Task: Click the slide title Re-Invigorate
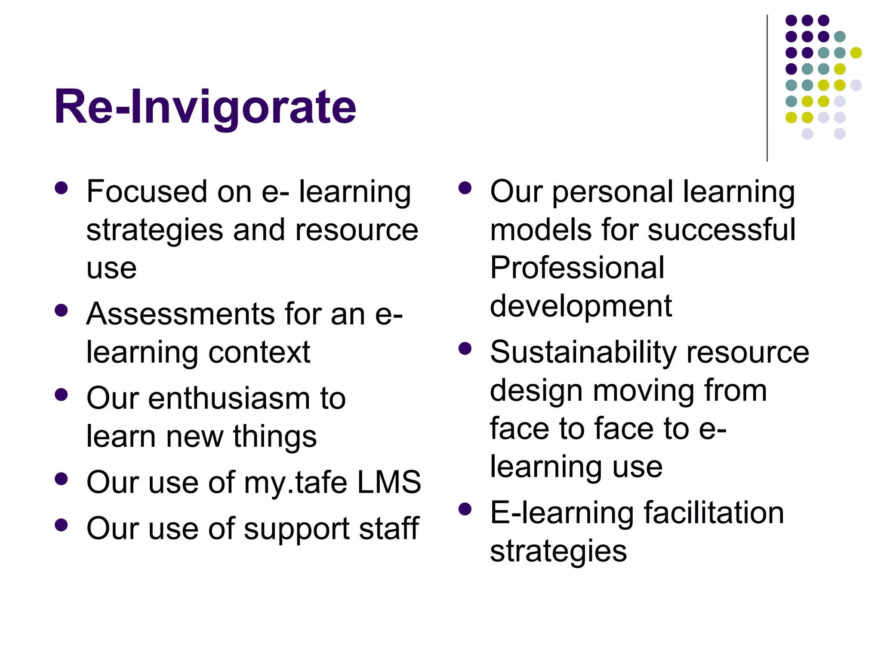[205, 107]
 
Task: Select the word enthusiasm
[229, 398]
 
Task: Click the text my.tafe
[295, 482]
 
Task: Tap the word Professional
[577, 268]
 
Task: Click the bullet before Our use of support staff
[62, 525]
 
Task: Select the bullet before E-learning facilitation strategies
[465, 509]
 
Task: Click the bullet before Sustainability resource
[465, 348]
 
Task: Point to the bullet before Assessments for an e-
[62, 310]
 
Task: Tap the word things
[275, 437]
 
